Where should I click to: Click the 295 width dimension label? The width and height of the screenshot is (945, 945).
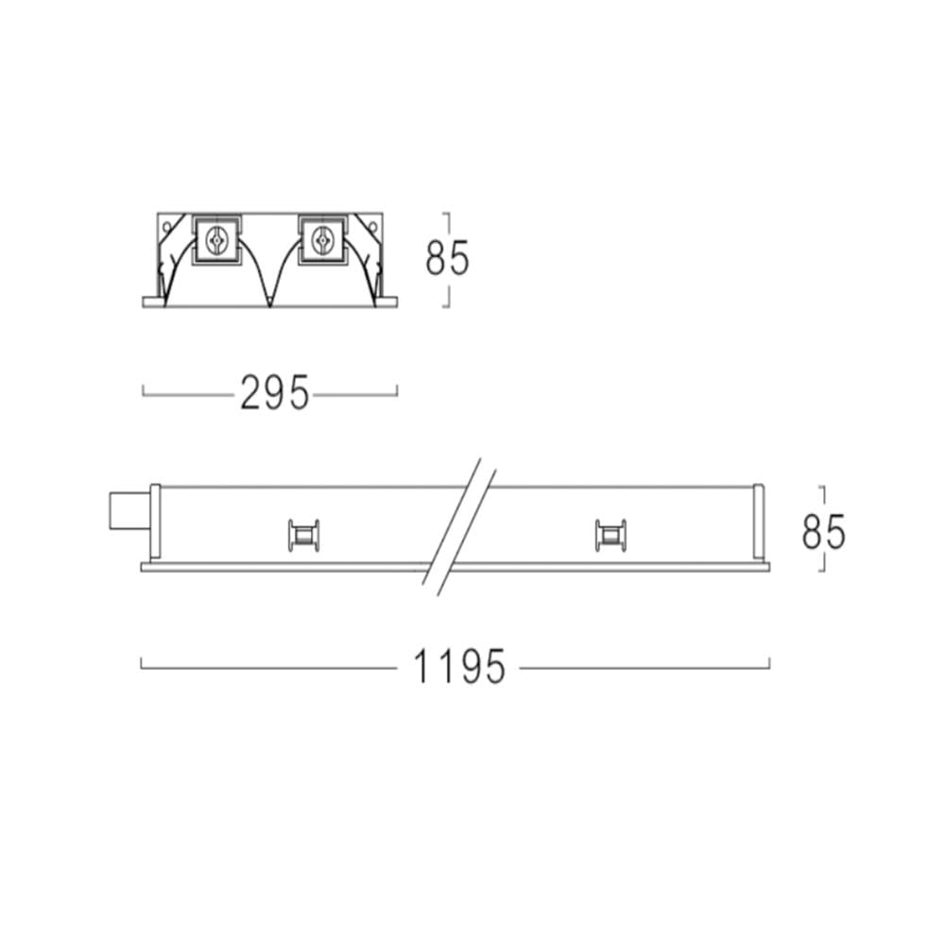pos(275,392)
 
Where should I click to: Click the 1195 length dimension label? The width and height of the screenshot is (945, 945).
pos(458,666)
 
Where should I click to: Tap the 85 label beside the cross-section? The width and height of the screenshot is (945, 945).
pos(447,258)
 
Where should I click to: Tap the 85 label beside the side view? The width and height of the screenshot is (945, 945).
pos(823,531)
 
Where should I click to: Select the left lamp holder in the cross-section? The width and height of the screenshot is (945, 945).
pos(216,240)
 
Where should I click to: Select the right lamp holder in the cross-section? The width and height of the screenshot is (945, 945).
pos(322,240)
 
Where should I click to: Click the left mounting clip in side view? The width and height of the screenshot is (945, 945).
pos(303,535)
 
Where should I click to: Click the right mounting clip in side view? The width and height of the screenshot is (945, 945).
pos(610,535)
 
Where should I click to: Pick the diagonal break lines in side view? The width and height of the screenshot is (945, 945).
pos(458,526)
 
